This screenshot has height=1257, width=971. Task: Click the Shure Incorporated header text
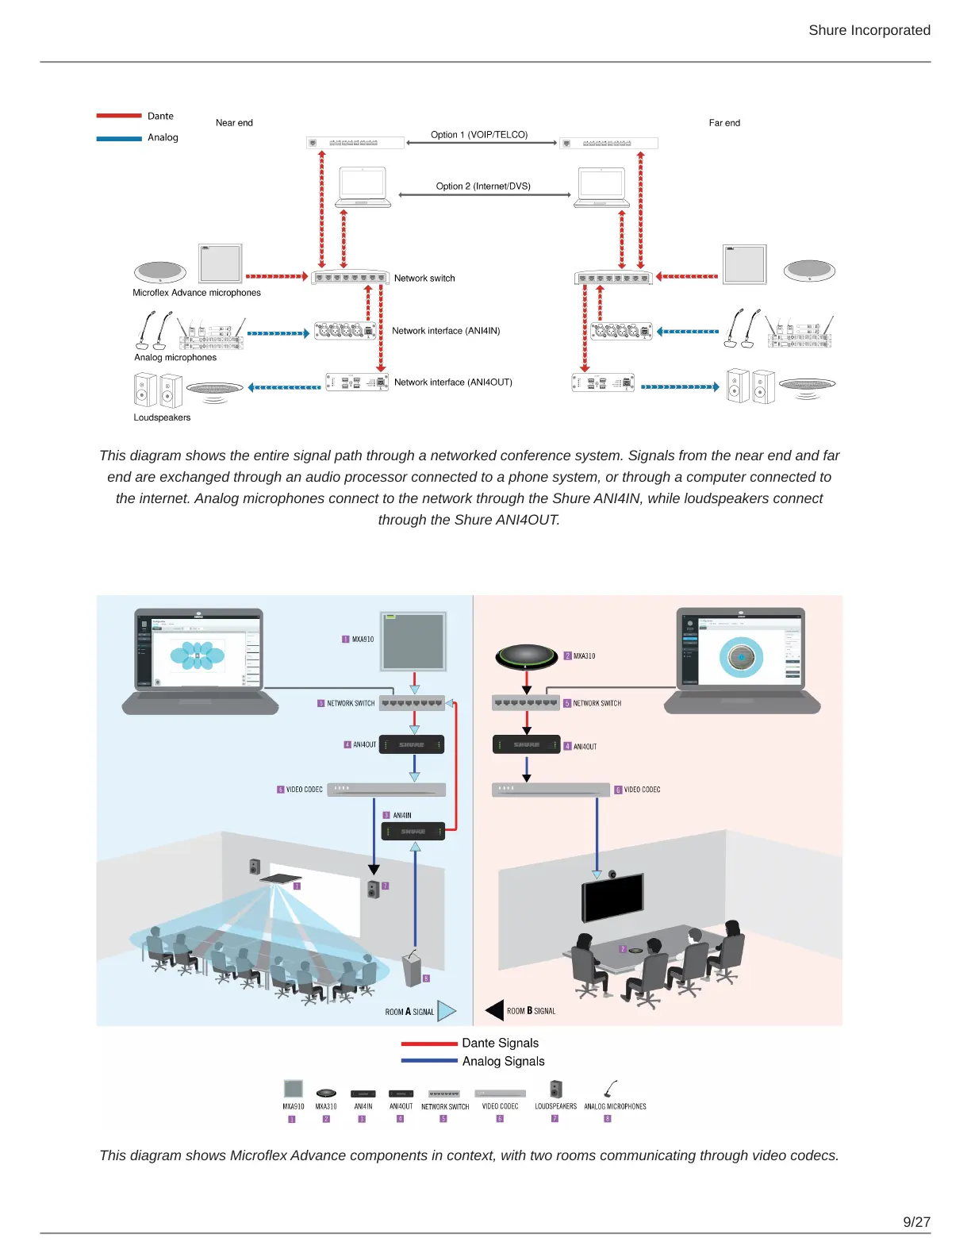tap(869, 30)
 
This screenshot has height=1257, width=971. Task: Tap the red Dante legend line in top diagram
tap(119, 116)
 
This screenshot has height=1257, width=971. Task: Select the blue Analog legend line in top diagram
tap(119, 138)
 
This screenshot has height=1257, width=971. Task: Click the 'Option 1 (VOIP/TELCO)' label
tap(479, 135)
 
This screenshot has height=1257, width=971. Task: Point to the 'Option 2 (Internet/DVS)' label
tap(483, 186)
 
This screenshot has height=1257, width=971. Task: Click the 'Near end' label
tap(234, 123)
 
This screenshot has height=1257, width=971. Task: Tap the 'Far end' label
tap(724, 123)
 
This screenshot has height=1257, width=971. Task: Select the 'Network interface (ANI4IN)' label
tap(446, 331)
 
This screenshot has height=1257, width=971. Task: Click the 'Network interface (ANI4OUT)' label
tap(453, 382)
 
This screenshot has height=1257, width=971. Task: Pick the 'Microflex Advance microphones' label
tap(197, 293)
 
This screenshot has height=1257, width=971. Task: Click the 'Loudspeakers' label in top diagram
tap(162, 417)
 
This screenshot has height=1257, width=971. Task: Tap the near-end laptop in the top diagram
tap(363, 187)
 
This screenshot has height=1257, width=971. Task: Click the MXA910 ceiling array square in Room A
tap(413, 641)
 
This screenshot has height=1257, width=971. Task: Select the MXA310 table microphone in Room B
tap(527, 655)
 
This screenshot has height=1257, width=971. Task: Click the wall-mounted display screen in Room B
tap(612, 898)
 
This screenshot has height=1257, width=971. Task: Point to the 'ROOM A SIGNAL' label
tap(409, 1012)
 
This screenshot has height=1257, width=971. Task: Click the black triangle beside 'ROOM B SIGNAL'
tap(495, 1010)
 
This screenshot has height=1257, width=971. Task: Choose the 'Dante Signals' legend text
tap(500, 1043)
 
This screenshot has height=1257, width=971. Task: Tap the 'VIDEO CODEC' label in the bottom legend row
tap(500, 1106)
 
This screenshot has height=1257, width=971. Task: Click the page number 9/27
tap(916, 1222)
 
